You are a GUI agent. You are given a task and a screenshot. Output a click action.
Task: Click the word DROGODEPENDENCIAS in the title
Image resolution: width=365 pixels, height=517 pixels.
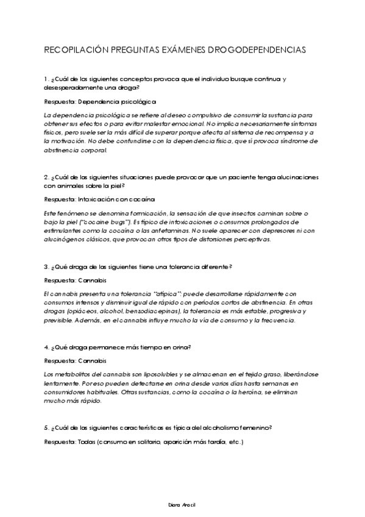264,51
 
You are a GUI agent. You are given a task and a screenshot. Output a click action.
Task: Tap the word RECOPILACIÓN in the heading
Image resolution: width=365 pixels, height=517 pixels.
76,51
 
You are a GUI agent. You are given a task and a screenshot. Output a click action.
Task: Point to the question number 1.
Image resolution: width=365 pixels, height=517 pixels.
46,79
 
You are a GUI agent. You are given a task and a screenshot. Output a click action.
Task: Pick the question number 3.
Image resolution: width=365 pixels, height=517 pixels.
46,266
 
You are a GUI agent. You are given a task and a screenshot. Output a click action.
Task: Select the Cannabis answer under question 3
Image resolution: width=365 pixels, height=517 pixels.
93,280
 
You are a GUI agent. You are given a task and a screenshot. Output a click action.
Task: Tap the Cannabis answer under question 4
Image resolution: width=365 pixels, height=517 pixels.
93,361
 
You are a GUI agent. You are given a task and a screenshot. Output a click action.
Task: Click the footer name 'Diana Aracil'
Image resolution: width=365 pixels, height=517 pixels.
182,505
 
